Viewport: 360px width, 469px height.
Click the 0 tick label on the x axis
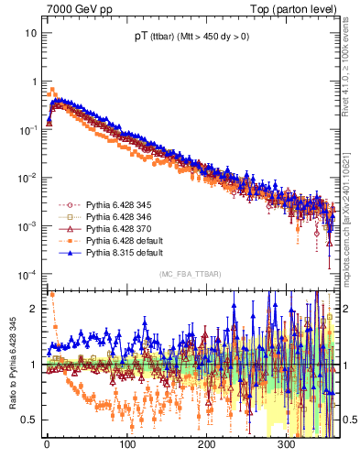click(47, 443)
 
